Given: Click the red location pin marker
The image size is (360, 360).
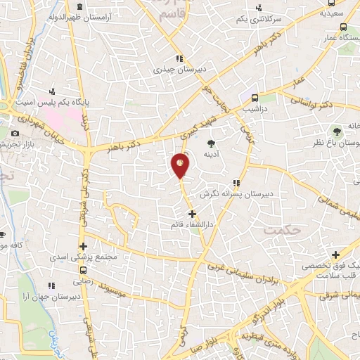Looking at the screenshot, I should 181,165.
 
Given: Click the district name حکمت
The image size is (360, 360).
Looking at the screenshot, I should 280,229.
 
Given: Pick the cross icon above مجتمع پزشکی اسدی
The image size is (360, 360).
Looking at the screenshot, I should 84,246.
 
